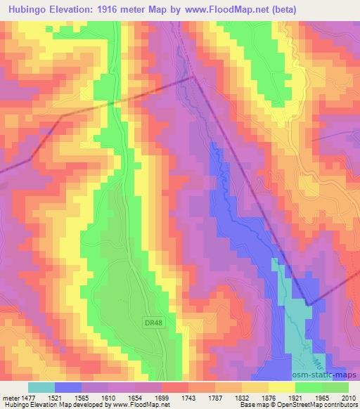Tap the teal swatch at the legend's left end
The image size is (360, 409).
(41, 387)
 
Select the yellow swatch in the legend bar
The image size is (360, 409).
(281, 387)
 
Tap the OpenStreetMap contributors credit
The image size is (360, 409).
(323, 405)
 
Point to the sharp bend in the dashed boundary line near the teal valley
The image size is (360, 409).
(308, 304)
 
